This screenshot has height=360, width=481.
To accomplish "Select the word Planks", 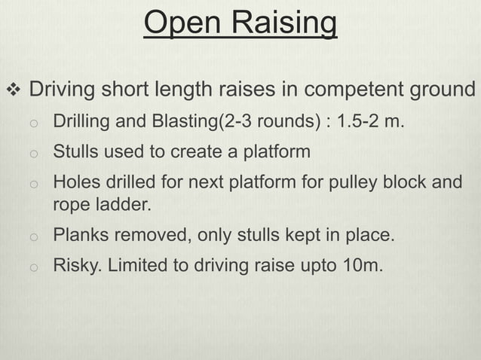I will point(77,235).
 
